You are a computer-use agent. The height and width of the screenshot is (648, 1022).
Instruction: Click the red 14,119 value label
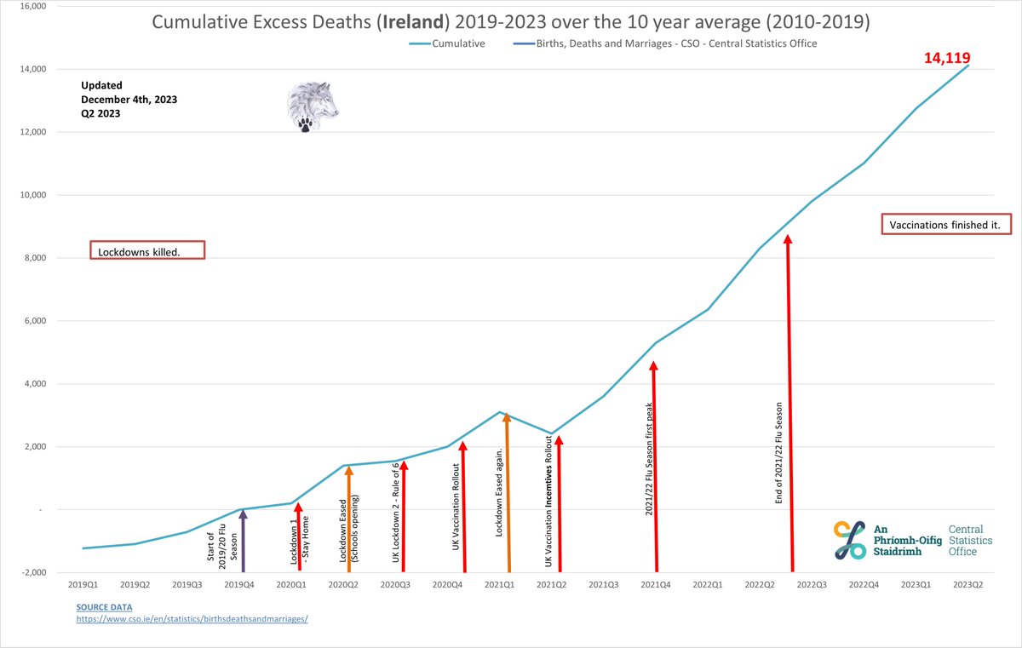point(947,58)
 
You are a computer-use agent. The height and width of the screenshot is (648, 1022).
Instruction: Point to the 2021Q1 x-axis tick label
point(499,585)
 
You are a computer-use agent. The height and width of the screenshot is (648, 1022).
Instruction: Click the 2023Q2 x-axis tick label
point(968,585)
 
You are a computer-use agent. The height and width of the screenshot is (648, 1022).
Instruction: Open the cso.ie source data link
point(191,619)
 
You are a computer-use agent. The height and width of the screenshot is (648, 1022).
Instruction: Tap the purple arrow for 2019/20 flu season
point(244,541)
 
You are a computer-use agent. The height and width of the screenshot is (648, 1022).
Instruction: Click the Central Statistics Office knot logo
point(850,540)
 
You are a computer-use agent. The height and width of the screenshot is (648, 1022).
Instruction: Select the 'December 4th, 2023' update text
point(129,100)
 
